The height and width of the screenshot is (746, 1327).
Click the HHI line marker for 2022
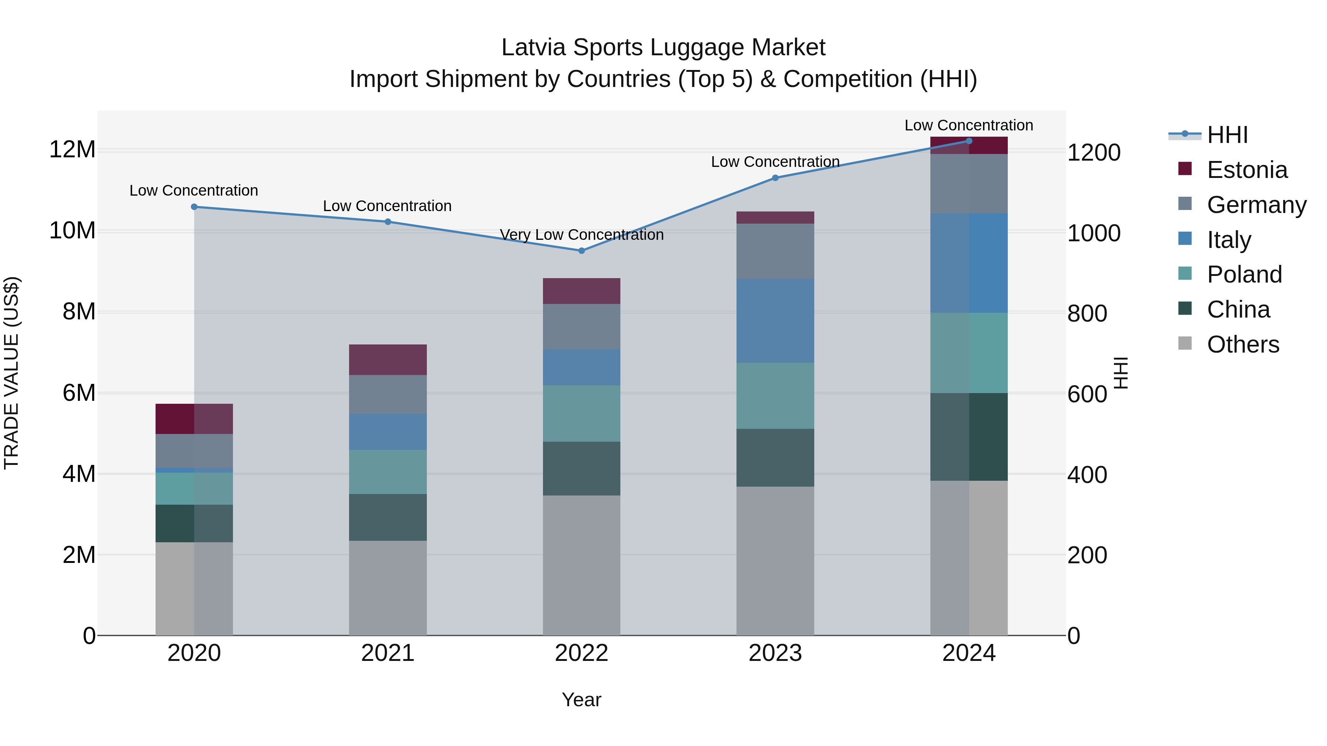pyautogui.click(x=582, y=251)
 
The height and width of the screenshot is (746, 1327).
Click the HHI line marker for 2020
pyautogui.click(x=194, y=207)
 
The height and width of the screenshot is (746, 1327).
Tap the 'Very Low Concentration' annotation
pyautogui.click(x=582, y=235)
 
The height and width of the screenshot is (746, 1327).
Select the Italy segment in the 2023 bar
pyautogui.click(x=775, y=321)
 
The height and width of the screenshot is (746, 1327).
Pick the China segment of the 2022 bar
pyautogui.click(x=582, y=469)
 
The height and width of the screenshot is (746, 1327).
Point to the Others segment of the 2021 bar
pyautogui.click(x=388, y=588)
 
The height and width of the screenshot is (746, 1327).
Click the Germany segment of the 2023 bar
pyautogui.click(x=775, y=252)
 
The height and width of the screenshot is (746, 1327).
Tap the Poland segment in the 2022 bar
pyautogui.click(x=582, y=413)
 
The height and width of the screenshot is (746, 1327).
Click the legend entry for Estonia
pyautogui.click(x=1247, y=170)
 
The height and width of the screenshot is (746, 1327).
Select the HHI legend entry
pyautogui.click(x=1227, y=135)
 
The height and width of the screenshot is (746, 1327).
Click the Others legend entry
pyautogui.click(x=1243, y=344)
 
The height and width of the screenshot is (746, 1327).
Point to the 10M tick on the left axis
pyautogui.click(x=72, y=231)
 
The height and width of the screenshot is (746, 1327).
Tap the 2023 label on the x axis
pyautogui.click(x=775, y=653)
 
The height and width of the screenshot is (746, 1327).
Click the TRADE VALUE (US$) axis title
pyautogui.click(x=11, y=373)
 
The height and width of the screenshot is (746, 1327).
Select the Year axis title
pyautogui.click(x=582, y=700)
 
